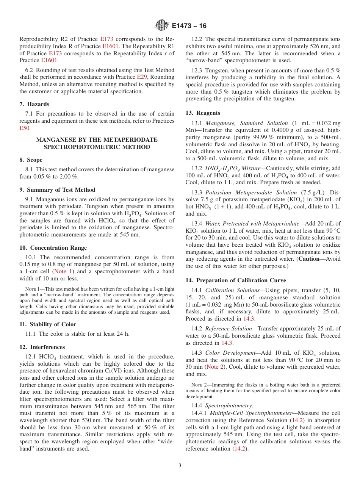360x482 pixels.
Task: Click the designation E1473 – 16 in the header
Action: [x=189, y=26]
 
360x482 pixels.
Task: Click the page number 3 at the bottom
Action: [x=180, y=466]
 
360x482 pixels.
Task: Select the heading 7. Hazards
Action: [x=34, y=104]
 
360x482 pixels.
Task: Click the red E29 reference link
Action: [x=141, y=77]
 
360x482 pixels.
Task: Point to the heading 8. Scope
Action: [x=31, y=160]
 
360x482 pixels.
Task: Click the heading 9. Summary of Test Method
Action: [x=57, y=190]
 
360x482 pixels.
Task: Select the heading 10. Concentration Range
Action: [x=53, y=248]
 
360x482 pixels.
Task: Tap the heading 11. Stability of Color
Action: [x=48, y=324]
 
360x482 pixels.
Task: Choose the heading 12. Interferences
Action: [x=42, y=347]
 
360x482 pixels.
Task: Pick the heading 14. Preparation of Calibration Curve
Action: [x=236, y=280]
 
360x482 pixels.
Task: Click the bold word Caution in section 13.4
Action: [x=309, y=259]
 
